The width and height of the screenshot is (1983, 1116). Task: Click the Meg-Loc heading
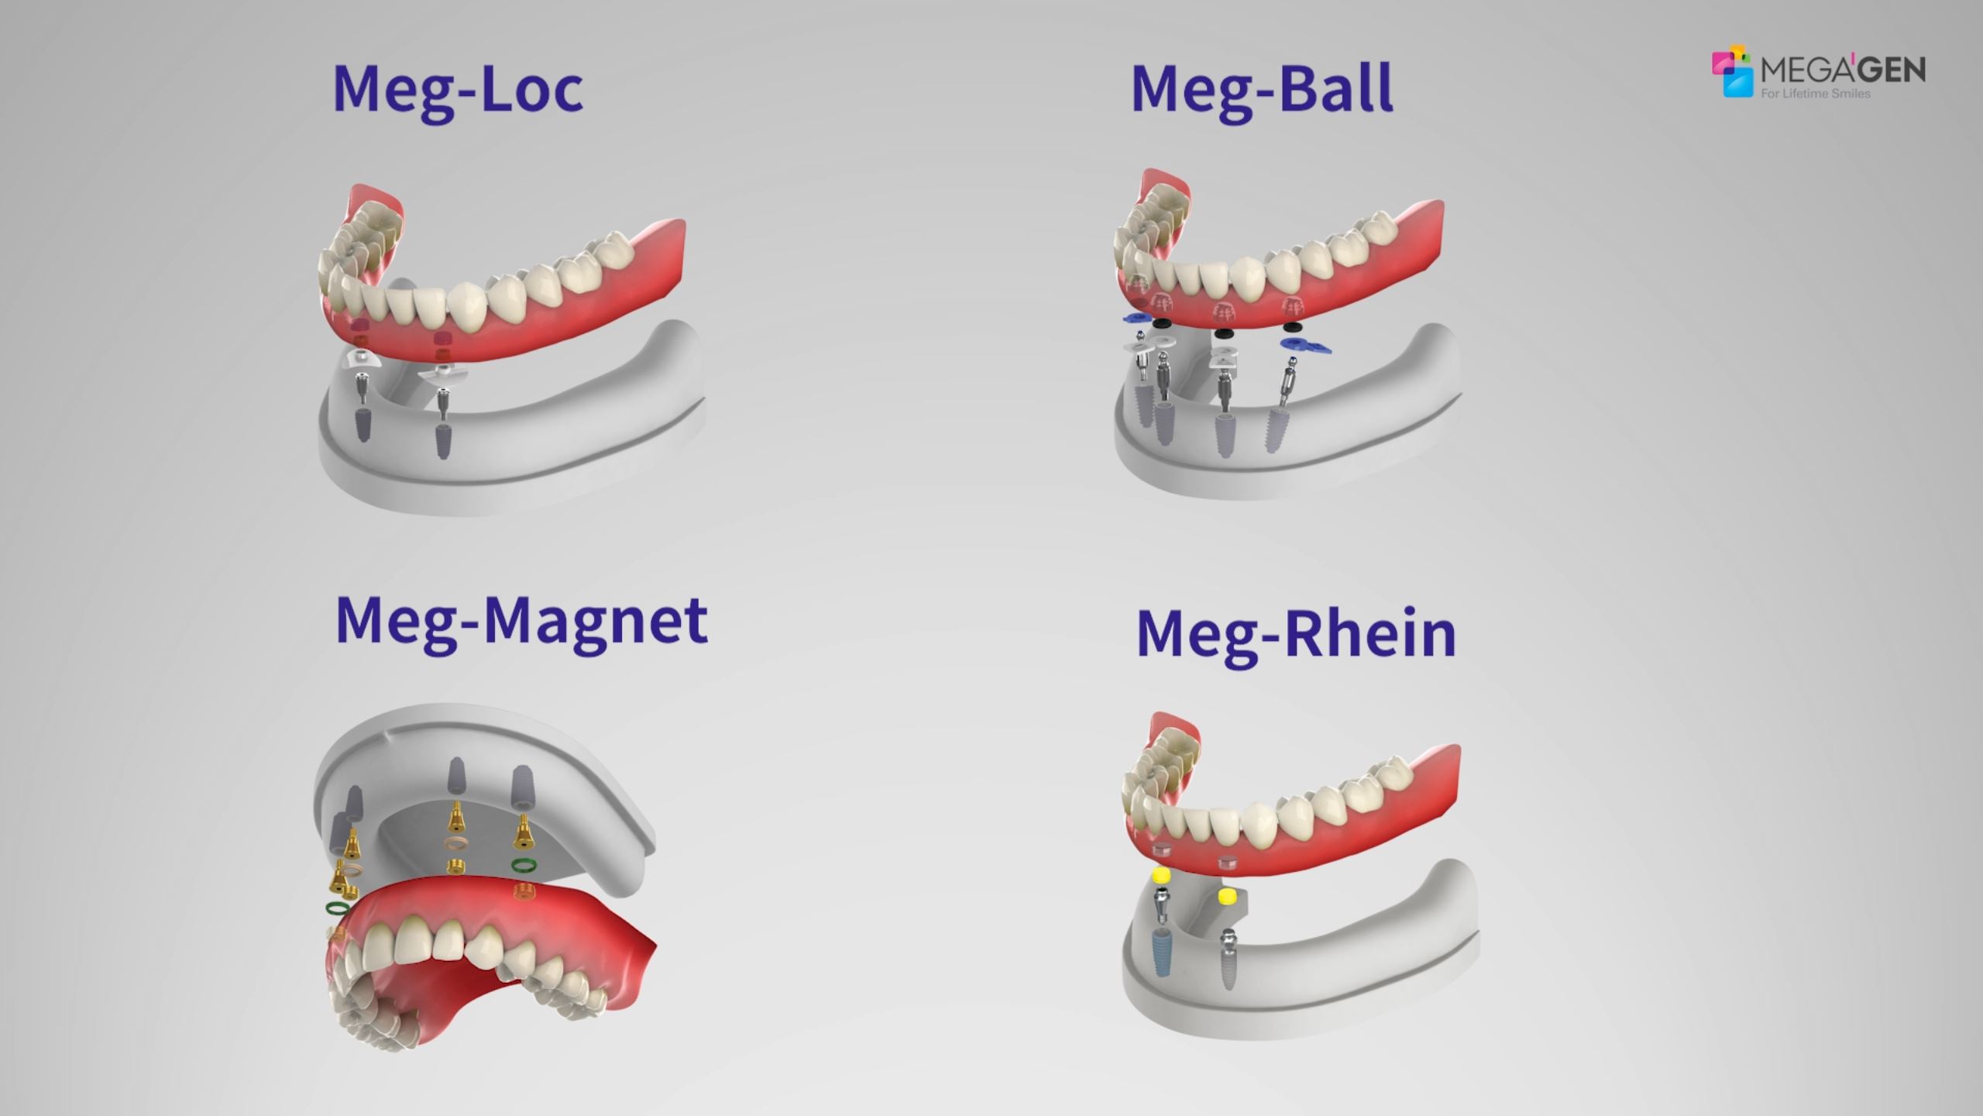click(x=457, y=90)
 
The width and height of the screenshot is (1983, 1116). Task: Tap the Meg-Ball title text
click(x=1261, y=90)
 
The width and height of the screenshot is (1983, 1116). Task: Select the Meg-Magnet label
click(x=521, y=620)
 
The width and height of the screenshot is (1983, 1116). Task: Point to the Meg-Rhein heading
click(x=1295, y=635)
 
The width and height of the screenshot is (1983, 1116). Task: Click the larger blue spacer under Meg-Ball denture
click(x=1307, y=346)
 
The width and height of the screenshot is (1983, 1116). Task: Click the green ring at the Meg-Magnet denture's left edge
click(x=337, y=908)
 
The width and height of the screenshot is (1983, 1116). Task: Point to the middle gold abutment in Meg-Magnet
click(x=457, y=817)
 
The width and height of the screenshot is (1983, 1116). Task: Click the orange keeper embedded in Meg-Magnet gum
click(x=523, y=892)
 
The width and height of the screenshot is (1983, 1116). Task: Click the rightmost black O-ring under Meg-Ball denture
click(x=1224, y=334)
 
